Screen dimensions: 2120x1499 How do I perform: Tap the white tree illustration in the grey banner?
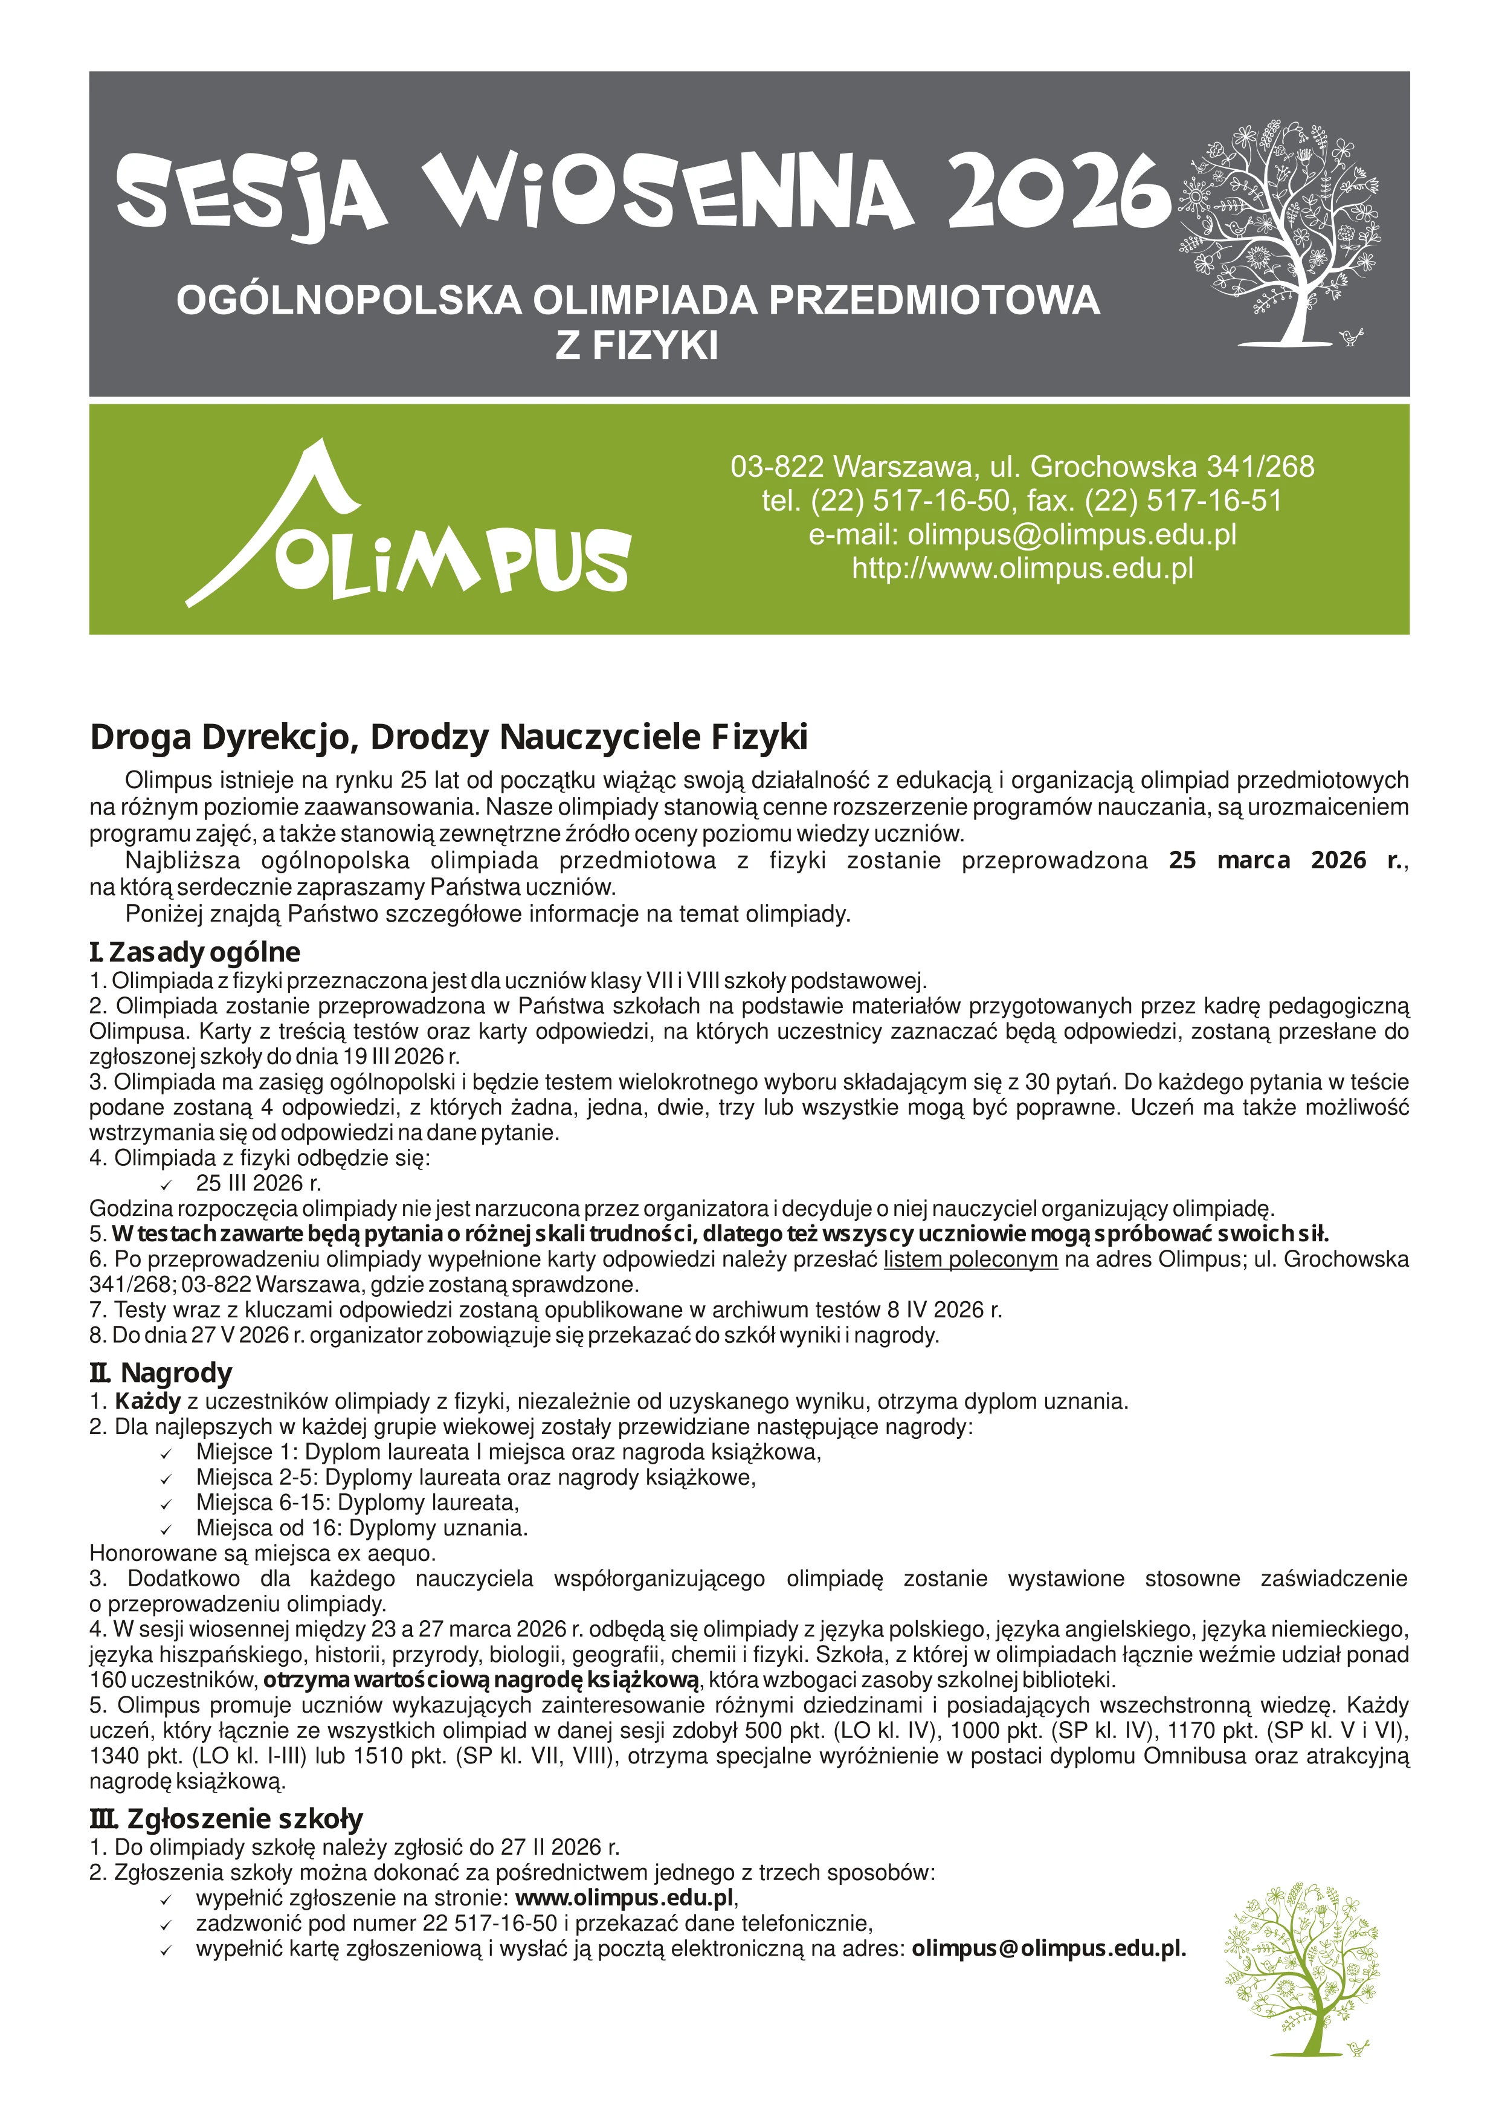click(x=1279, y=231)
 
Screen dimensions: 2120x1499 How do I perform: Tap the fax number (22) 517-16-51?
click(x=1184, y=500)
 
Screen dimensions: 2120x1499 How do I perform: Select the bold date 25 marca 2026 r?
click(x=1285, y=861)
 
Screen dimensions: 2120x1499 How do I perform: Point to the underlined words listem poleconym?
click(x=970, y=1259)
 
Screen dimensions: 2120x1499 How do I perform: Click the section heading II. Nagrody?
click(x=161, y=1373)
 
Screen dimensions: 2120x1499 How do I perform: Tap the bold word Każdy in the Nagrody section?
click(x=147, y=1401)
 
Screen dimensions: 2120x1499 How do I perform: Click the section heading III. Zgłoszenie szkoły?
click(x=226, y=1819)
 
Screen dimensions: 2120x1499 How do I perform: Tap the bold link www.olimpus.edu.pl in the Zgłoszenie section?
click(x=625, y=1898)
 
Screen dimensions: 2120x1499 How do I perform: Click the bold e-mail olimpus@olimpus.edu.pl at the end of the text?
click(x=1048, y=1949)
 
